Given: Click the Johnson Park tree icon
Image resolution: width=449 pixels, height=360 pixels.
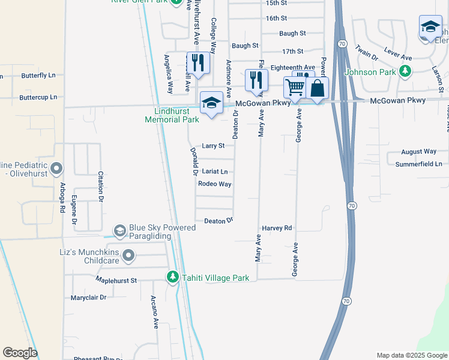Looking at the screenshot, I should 406,72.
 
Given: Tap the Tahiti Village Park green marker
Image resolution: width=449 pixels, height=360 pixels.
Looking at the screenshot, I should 173,277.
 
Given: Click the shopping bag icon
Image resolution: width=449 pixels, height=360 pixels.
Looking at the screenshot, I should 317,88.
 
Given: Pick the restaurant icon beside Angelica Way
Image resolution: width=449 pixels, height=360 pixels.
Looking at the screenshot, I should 197,62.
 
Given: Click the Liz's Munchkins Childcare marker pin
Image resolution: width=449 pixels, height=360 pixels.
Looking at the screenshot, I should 128,256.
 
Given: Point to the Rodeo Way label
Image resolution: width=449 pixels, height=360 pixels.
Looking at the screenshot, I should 214,184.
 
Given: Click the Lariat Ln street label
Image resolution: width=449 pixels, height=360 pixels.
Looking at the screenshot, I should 214,172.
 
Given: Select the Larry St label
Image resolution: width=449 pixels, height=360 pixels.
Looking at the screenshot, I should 213,146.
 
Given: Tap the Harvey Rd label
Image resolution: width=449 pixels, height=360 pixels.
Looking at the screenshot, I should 277,229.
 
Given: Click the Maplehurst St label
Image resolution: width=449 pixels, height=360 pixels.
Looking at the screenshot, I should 116,280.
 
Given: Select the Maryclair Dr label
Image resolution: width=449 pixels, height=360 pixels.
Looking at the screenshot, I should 88,298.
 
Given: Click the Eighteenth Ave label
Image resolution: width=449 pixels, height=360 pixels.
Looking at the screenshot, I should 293,67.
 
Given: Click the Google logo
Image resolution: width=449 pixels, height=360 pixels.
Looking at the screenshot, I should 20,353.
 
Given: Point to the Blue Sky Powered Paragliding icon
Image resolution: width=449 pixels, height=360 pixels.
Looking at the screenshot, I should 119,230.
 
